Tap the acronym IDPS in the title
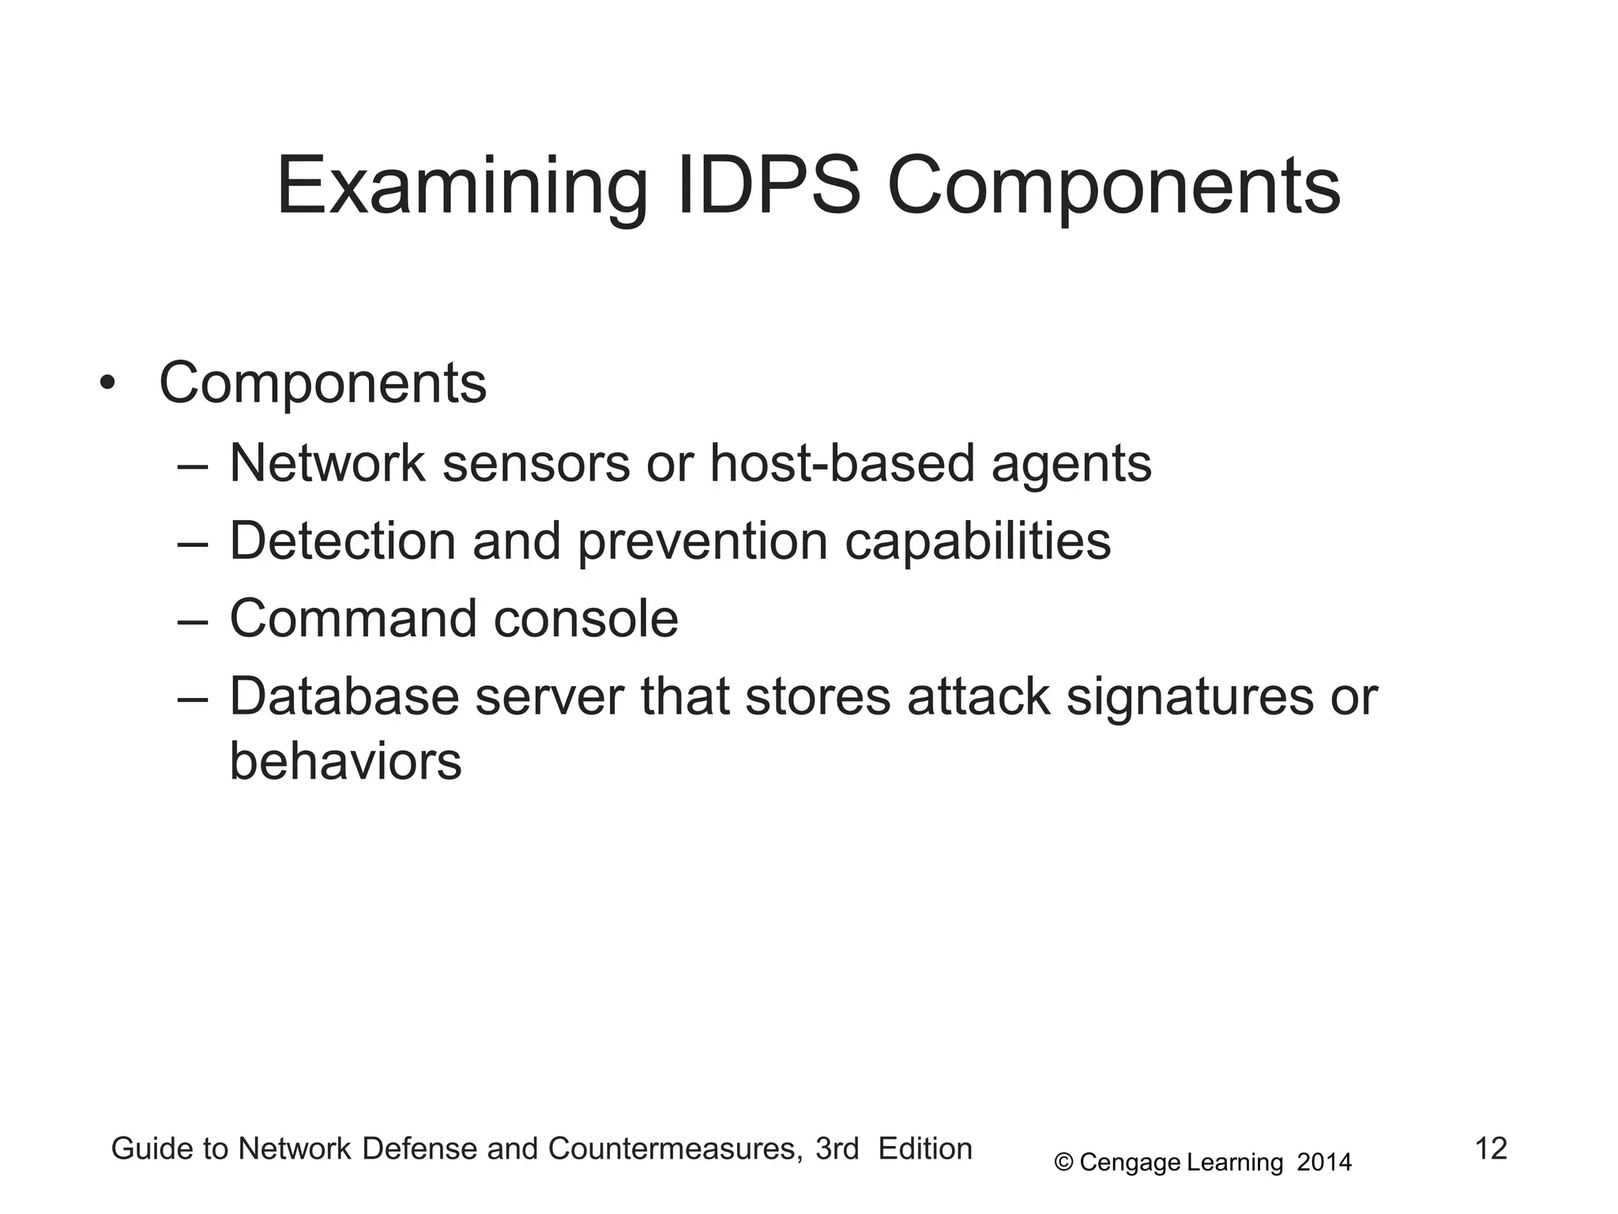pyautogui.click(x=768, y=187)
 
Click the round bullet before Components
pyautogui.click(x=107, y=384)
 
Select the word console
pyautogui.click(x=585, y=619)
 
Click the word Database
pyautogui.click(x=344, y=697)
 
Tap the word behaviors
pyautogui.click(x=345, y=762)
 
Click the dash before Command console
pyautogui.click(x=193, y=620)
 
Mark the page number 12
pyautogui.click(x=1491, y=1148)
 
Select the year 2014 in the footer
pyautogui.click(x=1324, y=1163)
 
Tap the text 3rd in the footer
pyautogui.click(x=837, y=1149)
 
